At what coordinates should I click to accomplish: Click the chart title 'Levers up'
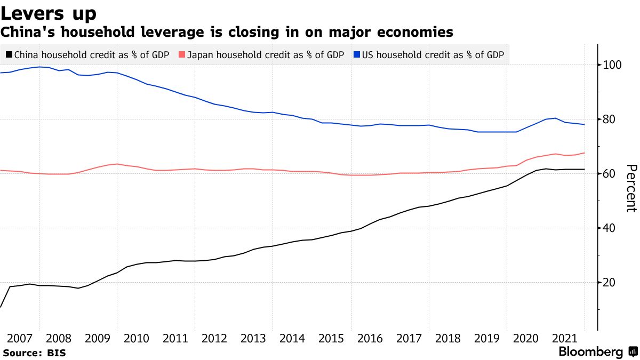(x=49, y=14)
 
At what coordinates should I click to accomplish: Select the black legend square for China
(x=9, y=54)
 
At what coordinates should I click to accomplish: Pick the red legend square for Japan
(x=182, y=54)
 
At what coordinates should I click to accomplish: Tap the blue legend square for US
(x=357, y=54)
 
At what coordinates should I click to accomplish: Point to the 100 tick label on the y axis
(x=612, y=65)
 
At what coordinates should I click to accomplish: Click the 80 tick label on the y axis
(x=609, y=119)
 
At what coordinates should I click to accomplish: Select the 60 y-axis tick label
(x=609, y=174)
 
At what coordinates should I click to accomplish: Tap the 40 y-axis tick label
(x=609, y=228)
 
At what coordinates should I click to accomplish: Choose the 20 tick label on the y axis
(x=609, y=283)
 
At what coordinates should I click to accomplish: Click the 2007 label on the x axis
(x=19, y=339)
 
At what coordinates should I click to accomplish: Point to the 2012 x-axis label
(x=214, y=339)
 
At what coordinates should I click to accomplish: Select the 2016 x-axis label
(x=370, y=339)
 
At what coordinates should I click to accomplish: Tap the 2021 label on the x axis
(x=565, y=339)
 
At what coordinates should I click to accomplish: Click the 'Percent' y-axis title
(x=631, y=188)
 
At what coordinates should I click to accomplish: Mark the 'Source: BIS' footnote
(x=34, y=353)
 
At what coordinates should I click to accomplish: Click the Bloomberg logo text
(x=591, y=351)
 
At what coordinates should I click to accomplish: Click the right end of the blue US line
(x=585, y=125)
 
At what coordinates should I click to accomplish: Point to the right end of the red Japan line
(x=585, y=153)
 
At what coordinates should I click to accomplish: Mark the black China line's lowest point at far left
(x=1, y=307)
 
